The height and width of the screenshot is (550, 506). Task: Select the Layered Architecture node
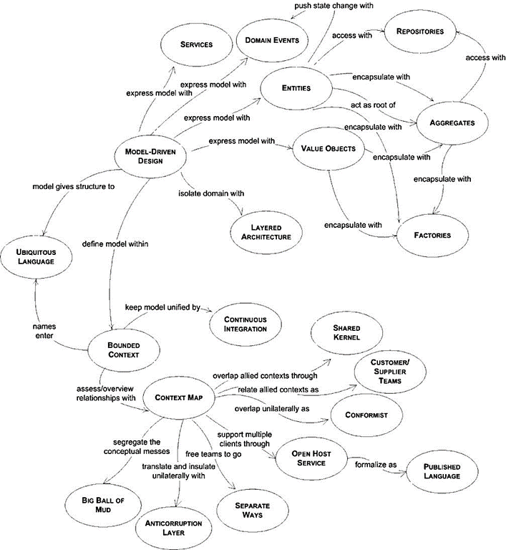(x=260, y=231)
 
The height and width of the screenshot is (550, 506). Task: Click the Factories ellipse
(x=432, y=235)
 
